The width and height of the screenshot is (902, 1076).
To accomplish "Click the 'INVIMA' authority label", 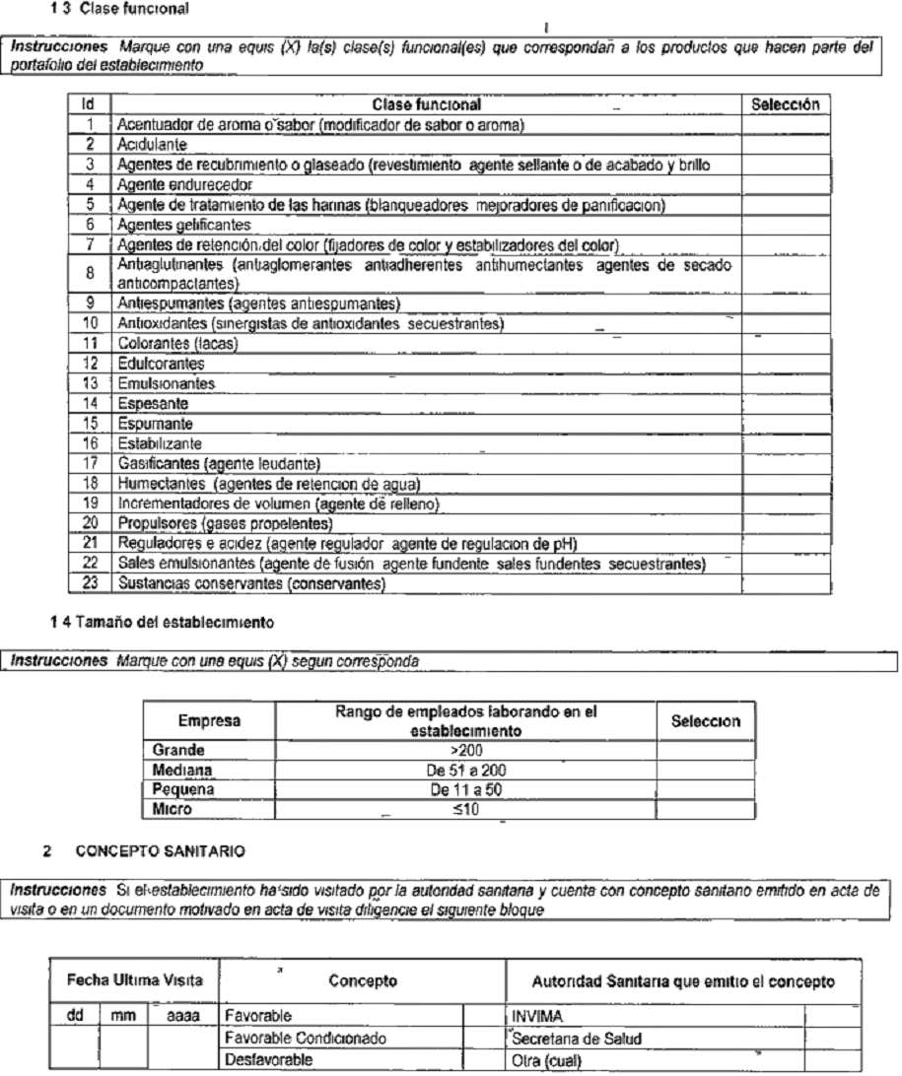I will click(533, 1012).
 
